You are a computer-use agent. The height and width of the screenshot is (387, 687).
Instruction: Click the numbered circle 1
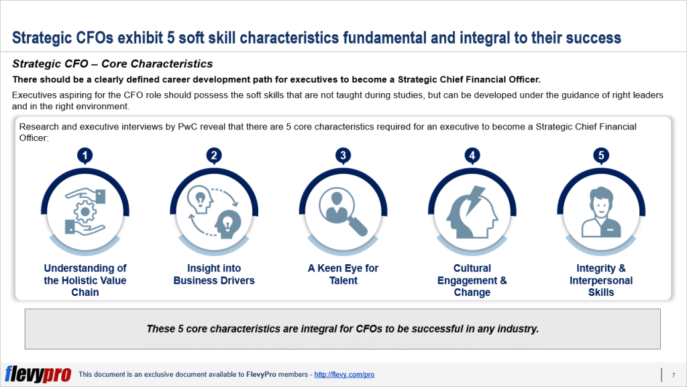click(x=85, y=156)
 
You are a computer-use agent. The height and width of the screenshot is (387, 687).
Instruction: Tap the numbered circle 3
click(x=343, y=156)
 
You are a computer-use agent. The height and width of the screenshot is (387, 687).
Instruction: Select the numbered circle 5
click(x=601, y=156)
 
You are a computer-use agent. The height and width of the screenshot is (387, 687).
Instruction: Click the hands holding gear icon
click(x=85, y=211)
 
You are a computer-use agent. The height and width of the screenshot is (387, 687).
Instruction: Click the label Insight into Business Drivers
click(x=214, y=274)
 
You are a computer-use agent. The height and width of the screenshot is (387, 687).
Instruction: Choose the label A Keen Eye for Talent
click(x=343, y=274)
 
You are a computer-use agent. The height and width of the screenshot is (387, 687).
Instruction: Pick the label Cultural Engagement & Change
click(x=472, y=280)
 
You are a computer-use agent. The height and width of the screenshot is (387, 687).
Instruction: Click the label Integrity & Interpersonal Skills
click(x=601, y=280)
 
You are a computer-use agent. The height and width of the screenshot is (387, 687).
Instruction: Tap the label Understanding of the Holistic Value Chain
click(x=85, y=280)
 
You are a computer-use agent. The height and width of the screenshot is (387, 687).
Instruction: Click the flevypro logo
click(x=38, y=374)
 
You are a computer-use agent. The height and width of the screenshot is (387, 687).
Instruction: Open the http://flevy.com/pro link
click(x=344, y=374)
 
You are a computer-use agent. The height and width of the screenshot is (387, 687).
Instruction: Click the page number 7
click(x=673, y=374)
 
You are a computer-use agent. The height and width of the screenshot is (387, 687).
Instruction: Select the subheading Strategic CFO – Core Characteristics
click(x=113, y=64)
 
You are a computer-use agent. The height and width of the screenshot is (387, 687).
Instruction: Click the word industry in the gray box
click(x=517, y=329)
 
